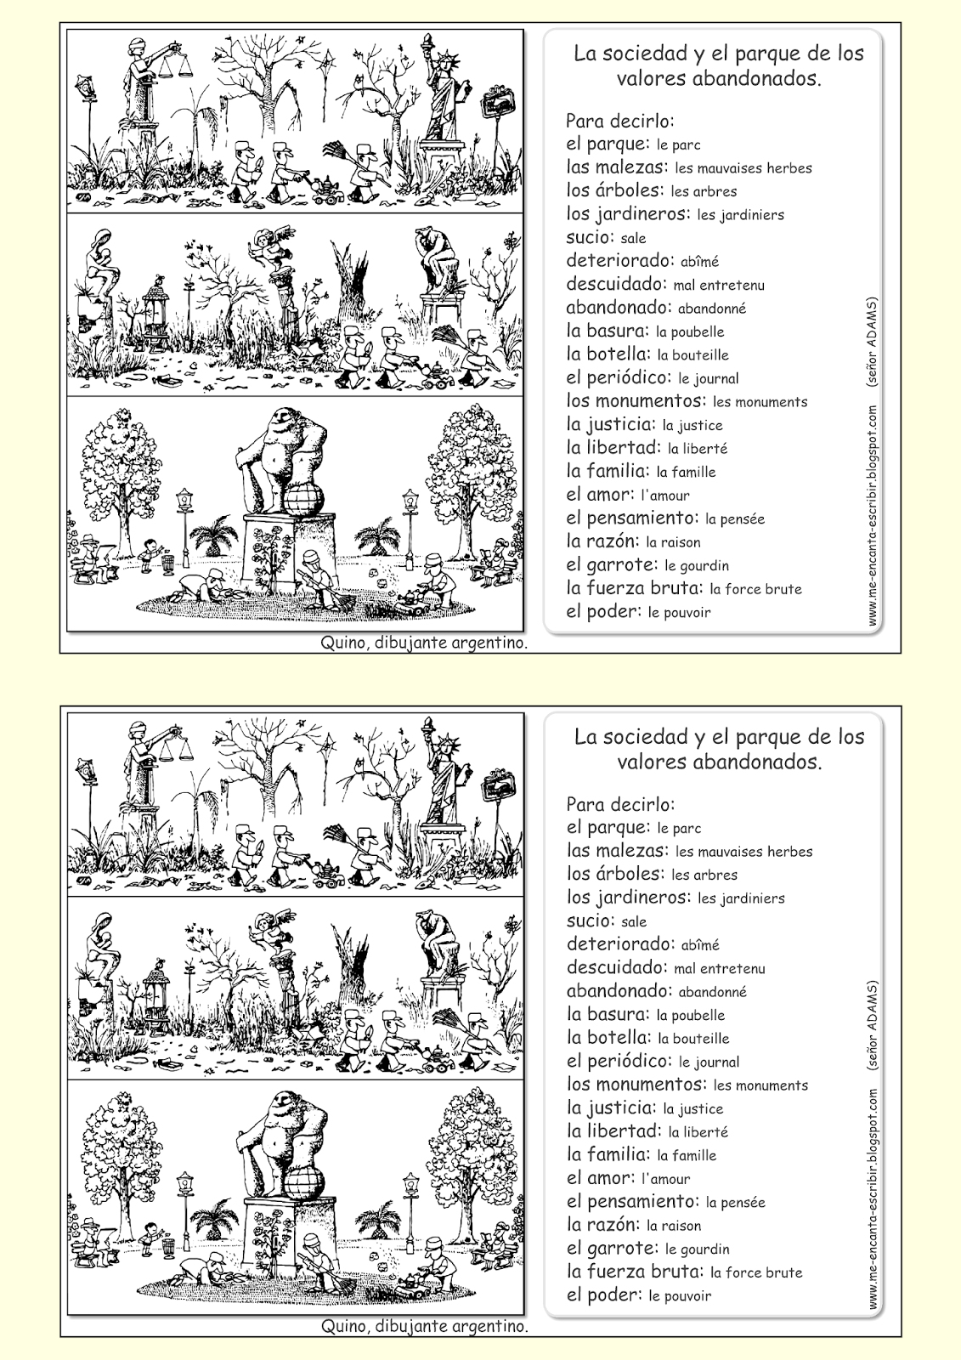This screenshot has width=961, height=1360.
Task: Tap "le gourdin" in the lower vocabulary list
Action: tap(697, 1249)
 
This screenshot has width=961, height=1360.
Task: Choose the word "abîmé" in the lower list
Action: tap(699, 944)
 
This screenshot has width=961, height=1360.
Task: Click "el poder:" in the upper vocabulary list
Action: tap(602, 611)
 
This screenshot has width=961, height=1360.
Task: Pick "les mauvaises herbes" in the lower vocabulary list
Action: tap(744, 851)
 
